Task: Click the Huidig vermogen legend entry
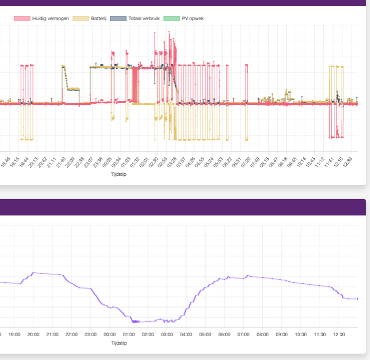[50, 19]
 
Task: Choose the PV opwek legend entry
[192, 19]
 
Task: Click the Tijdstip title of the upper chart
[118, 174]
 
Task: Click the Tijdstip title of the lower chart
[119, 343]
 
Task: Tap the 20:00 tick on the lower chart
[33, 335]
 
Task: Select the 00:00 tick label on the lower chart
[110, 335]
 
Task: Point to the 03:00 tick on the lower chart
[167, 335]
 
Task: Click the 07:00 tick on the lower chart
[243, 335]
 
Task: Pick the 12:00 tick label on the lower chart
[339, 335]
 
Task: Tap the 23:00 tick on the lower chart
[91, 335]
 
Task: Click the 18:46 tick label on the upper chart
[5, 162]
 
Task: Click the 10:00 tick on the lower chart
[301, 335]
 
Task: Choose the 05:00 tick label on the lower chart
[205, 335]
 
